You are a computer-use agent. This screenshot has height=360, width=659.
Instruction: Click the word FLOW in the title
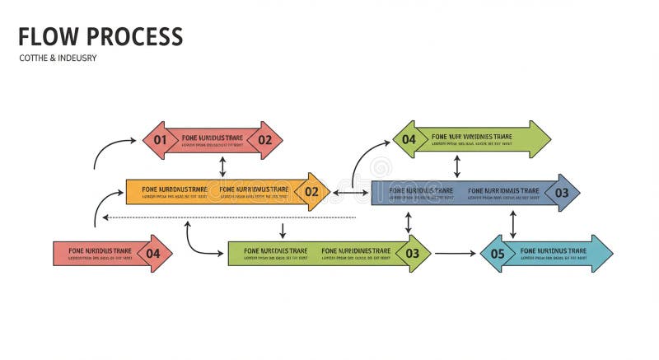(48, 37)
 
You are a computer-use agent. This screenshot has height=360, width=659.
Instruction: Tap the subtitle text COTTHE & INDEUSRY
(57, 58)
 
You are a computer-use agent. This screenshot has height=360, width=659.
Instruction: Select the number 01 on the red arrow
(160, 140)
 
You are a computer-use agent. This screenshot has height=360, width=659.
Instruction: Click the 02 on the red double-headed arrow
(264, 140)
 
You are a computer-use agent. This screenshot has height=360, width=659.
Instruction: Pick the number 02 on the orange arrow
(311, 192)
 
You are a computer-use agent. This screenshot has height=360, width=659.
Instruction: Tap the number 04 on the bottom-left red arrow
(153, 254)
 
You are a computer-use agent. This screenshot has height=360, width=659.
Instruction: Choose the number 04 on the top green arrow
(409, 139)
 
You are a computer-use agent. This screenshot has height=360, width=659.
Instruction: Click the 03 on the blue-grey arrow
(562, 193)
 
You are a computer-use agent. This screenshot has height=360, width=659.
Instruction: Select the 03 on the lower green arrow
(412, 254)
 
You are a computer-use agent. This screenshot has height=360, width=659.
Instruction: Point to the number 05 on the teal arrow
(498, 254)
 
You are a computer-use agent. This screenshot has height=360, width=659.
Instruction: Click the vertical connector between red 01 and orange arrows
(222, 166)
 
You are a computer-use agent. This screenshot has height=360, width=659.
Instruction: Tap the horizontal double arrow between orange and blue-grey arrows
(350, 193)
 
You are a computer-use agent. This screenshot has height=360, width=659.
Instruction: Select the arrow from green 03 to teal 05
(455, 254)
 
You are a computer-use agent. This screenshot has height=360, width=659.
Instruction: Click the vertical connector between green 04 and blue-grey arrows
(457, 166)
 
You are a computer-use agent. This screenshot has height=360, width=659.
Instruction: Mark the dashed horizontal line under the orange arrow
(231, 217)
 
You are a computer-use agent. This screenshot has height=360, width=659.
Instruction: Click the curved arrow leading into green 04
(365, 157)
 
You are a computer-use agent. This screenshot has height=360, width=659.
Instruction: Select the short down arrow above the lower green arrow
(283, 230)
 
